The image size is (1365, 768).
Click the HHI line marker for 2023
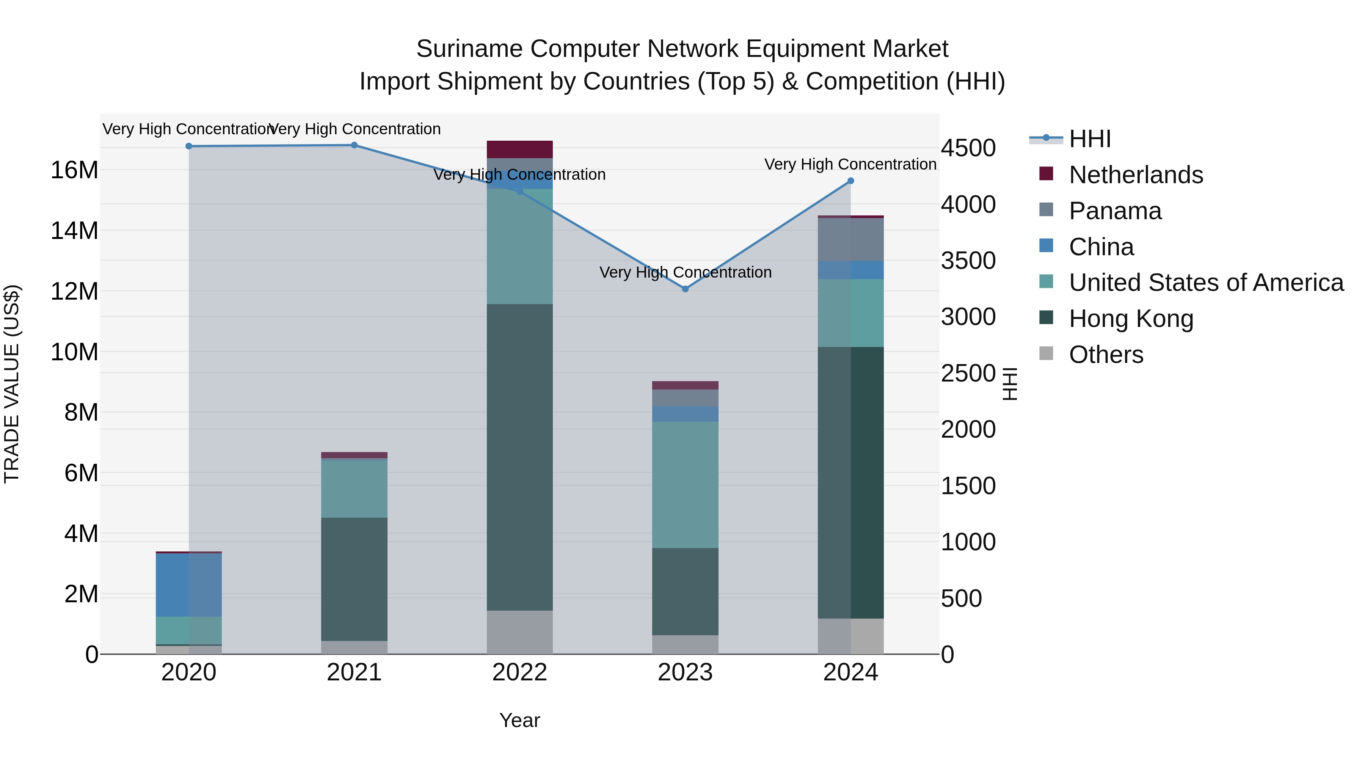685,289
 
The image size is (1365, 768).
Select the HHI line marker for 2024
850,181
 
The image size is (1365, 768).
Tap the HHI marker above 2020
189,146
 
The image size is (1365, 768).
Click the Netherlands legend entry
1136,175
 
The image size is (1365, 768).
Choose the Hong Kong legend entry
1131,319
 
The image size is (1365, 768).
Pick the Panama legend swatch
1046,210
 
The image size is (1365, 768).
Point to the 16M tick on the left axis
74,171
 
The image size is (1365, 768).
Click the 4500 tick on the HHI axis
968,148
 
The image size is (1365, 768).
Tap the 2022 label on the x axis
519,672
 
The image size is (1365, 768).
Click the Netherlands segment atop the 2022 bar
519,149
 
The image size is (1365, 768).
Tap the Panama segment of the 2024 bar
850,240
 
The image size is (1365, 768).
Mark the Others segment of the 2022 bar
519,632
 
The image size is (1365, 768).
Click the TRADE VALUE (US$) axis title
12,384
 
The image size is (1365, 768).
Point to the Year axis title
519,720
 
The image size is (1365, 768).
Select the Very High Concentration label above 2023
685,272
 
